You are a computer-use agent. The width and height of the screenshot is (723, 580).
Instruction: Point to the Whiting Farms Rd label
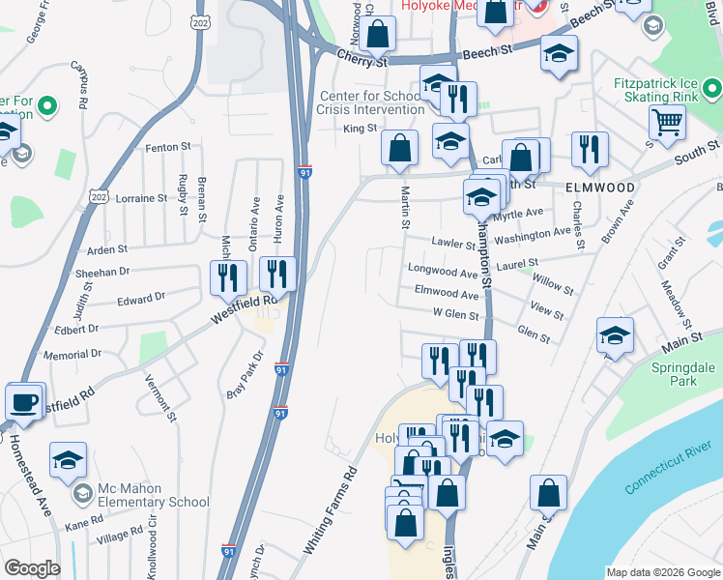pyautogui.click(x=331, y=510)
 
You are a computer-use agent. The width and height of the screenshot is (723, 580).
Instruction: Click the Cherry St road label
pyautogui.click(x=335, y=60)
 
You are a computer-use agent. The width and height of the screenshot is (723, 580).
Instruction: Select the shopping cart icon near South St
pyautogui.click(x=667, y=124)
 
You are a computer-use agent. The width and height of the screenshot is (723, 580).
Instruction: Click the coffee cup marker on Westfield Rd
pyautogui.click(x=24, y=401)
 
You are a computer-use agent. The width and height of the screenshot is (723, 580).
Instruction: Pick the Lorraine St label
pyautogui.click(x=141, y=198)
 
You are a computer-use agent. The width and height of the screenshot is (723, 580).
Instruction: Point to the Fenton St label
pyautogui.click(x=168, y=147)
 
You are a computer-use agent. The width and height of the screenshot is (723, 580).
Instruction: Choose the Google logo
pyautogui.click(x=32, y=568)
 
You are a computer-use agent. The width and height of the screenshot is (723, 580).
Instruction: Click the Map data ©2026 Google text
pyautogui.click(x=662, y=572)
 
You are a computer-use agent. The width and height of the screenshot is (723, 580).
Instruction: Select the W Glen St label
pyautogui.click(x=456, y=313)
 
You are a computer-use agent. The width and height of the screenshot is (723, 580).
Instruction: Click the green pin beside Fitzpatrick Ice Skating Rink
pyautogui.click(x=713, y=90)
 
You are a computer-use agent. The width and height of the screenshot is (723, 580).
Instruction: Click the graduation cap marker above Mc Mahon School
pyautogui.click(x=68, y=460)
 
